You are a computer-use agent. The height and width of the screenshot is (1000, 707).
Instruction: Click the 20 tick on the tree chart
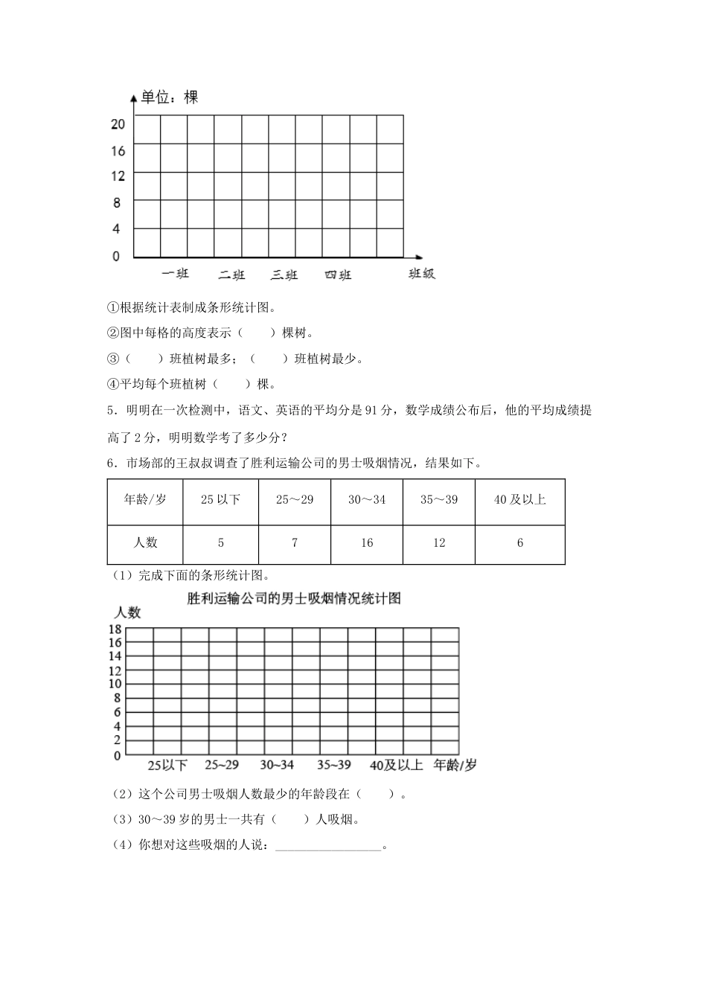click(118, 124)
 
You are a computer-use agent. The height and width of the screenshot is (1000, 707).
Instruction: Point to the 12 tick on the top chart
click(118, 176)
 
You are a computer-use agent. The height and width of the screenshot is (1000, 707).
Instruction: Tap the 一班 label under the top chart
click(175, 274)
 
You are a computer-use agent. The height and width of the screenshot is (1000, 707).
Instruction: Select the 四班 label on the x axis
click(338, 275)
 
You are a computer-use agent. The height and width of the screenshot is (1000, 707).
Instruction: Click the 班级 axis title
click(421, 274)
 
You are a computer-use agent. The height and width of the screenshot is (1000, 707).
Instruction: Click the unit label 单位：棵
click(170, 97)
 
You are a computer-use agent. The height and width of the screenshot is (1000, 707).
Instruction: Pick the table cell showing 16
click(367, 542)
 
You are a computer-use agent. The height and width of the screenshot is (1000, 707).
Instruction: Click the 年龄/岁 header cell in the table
click(146, 499)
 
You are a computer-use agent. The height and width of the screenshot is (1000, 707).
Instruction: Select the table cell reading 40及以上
click(519, 499)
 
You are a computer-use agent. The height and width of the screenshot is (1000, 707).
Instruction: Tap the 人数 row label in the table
click(146, 542)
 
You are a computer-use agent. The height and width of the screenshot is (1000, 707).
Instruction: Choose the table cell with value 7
click(295, 542)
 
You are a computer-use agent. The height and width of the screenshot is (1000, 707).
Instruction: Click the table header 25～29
click(295, 499)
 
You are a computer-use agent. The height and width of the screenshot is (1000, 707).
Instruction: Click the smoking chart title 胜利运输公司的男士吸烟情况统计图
click(295, 597)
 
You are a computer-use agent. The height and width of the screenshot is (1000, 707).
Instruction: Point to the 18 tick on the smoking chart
click(115, 629)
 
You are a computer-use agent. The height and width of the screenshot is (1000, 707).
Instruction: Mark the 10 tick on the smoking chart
click(115, 684)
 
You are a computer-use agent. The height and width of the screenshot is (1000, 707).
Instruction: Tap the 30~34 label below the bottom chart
click(277, 765)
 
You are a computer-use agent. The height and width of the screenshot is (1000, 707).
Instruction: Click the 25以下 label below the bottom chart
click(167, 765)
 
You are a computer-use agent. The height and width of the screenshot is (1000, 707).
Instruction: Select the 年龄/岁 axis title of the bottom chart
click(455, 765)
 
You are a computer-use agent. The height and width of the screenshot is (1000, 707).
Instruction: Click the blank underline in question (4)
click(327, 846)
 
